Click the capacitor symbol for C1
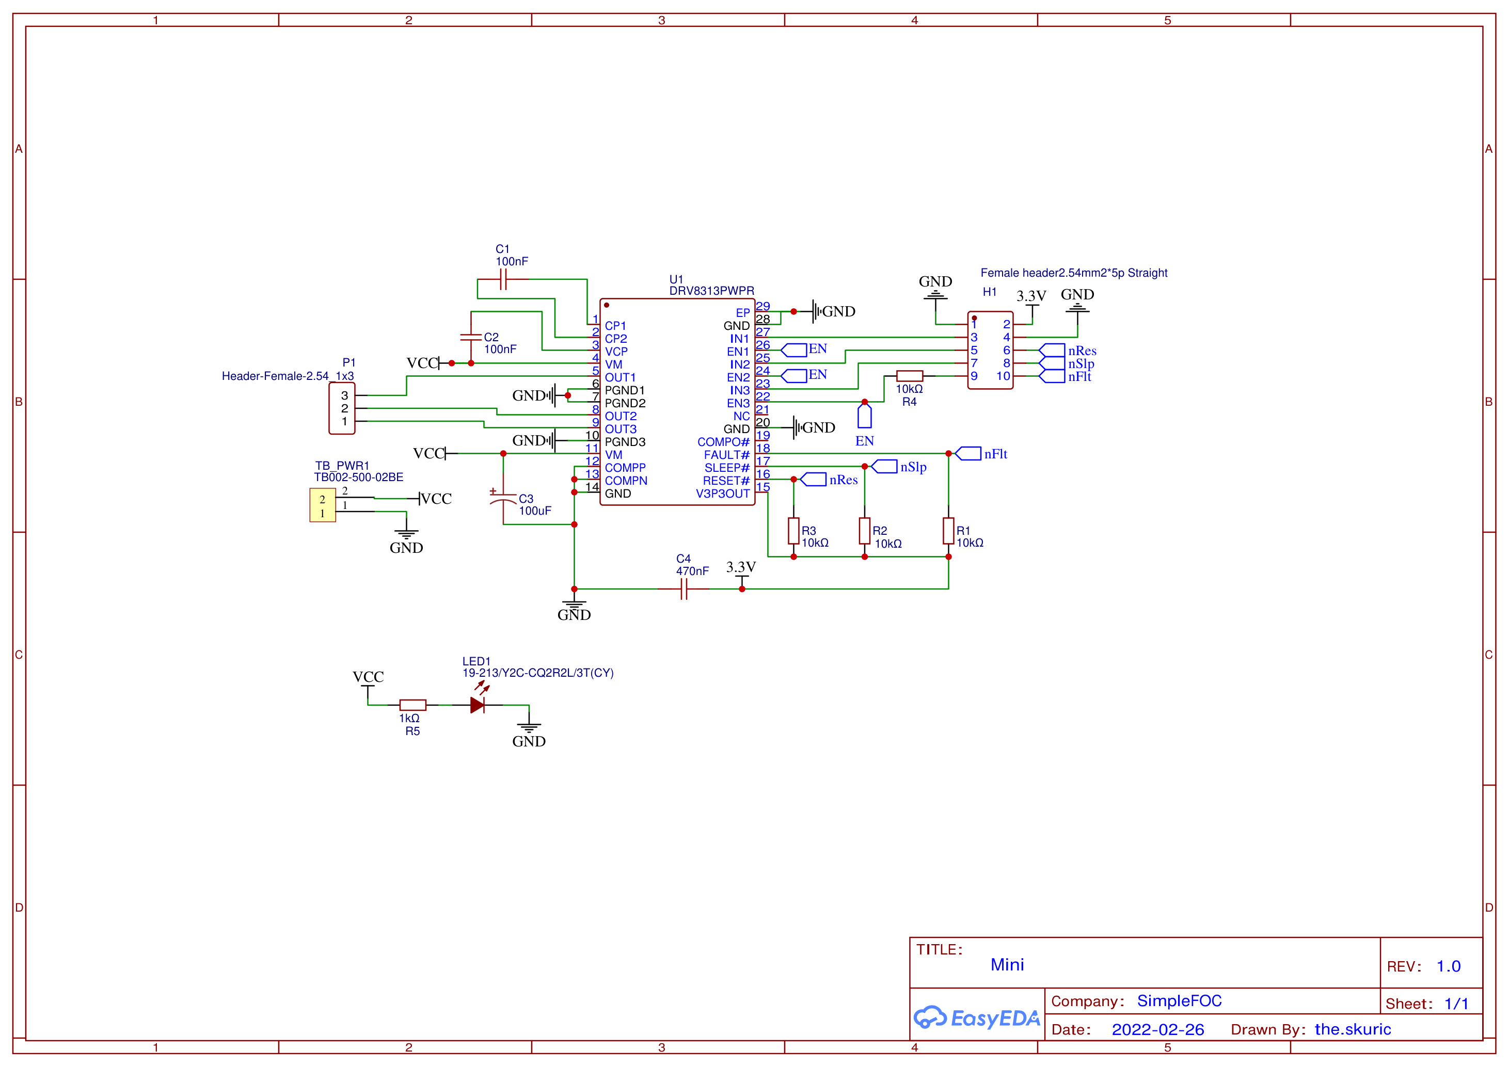(503, 279)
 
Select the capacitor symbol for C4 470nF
(684, 588)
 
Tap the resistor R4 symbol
(909, 376)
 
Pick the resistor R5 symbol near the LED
(412, 705)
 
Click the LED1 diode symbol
(478, 702)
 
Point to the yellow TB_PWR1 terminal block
(323, 505)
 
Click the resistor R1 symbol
(948, 531)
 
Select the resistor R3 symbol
(793, 531)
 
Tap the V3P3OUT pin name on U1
(722, 494)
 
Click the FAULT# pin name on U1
(726, 455)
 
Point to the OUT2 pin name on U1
(621, 417)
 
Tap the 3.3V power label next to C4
(741, 567)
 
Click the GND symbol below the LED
(529, 733)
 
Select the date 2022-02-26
(1157, 1029)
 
